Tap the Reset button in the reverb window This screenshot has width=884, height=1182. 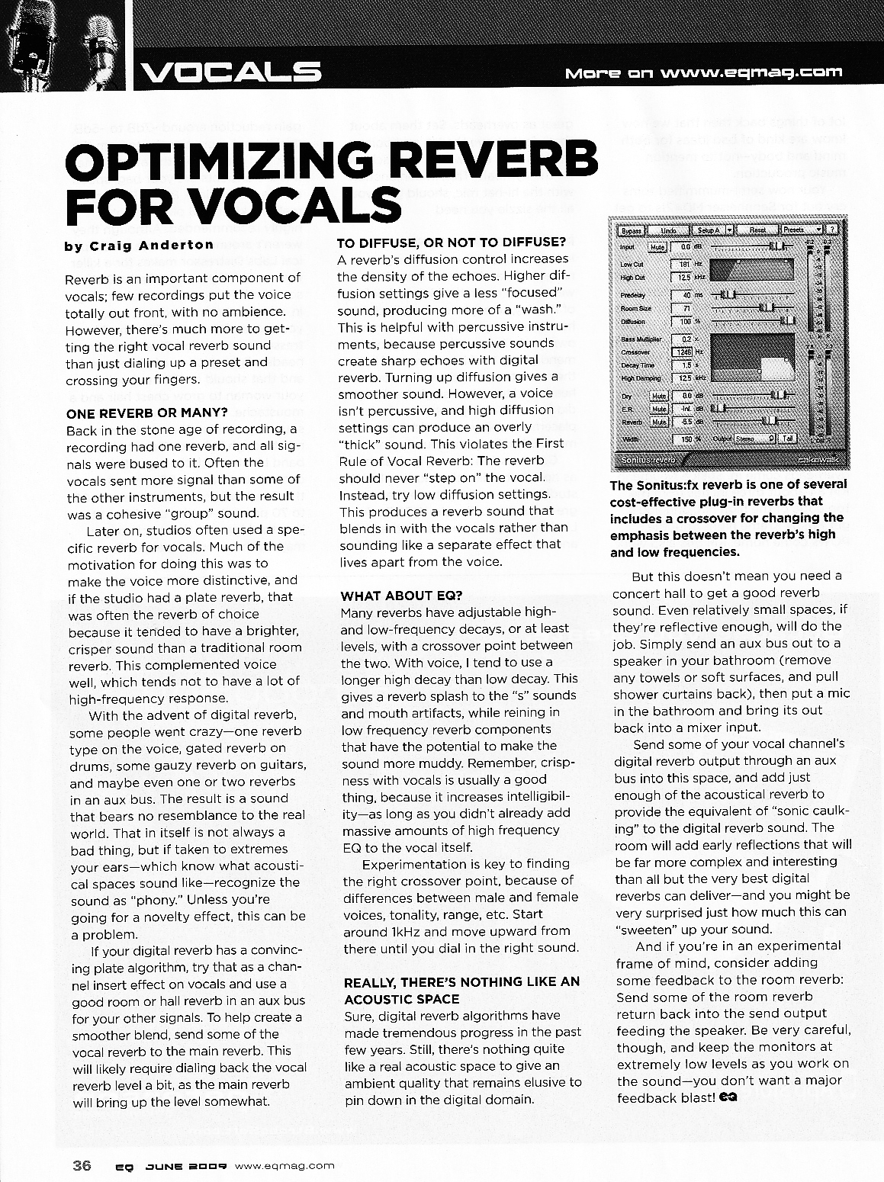(757, 229)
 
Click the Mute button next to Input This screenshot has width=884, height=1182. (657, 246)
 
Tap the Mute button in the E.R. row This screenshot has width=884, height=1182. (658, 407)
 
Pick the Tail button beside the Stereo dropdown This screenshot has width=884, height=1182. (787, 438)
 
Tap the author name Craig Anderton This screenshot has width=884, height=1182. (139, 245)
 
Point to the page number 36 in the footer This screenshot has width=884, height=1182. (82, 1164)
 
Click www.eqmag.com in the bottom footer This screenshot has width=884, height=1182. (284, 1165)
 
